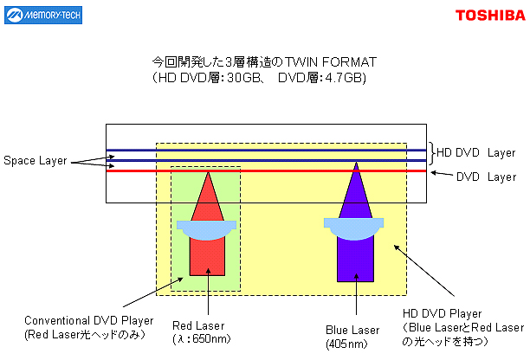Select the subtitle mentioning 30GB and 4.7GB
click(259, 79)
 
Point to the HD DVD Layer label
click(475, 152)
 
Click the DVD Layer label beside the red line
click(486, 177)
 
